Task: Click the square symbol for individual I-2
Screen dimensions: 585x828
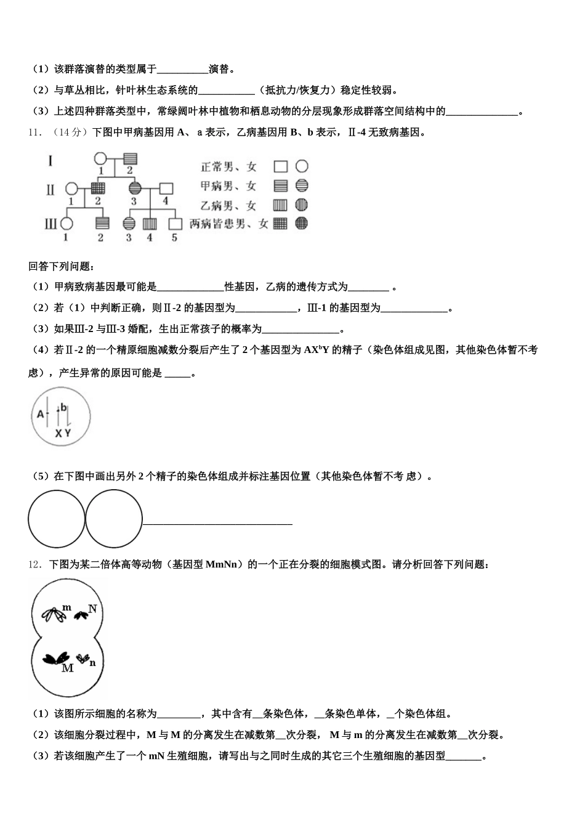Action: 130,159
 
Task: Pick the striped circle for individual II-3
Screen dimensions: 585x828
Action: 134,187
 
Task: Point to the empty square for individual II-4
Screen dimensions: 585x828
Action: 166,187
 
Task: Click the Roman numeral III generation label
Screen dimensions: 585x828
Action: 50,223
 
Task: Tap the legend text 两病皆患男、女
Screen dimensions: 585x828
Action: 229,224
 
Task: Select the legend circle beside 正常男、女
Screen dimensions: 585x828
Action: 302,166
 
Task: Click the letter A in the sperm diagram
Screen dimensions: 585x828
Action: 41,414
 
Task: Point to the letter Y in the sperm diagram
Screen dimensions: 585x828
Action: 68,433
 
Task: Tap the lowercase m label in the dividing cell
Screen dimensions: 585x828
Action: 67,607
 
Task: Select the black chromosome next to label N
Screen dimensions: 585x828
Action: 81,614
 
